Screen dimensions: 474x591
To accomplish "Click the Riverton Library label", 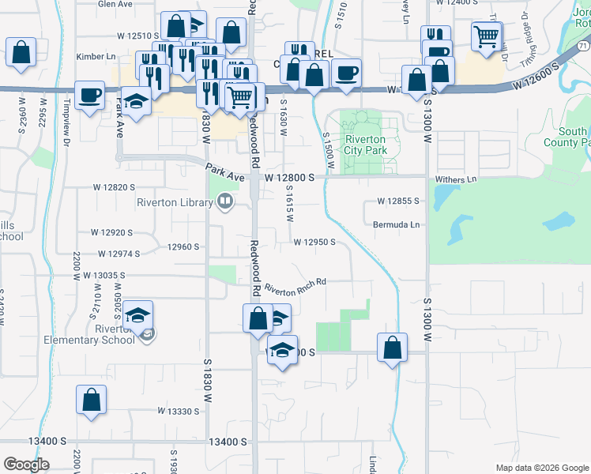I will pyautogui.click(x=175, y=202).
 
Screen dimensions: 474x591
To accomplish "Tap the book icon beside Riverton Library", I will pyautogui.click(x=225, y=202).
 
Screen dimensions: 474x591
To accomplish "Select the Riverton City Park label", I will pyautogui.click(x=364, y=145).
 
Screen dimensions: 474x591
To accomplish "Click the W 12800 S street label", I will pyautogui.click(x=290, y=179).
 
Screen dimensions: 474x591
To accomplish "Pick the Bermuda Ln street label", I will pyautogui.click(x=396, y=224).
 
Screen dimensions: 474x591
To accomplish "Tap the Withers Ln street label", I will pyautogui.click(x=460, y=179).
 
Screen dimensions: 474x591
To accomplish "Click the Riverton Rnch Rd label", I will pyautogui.click(x=295, y=285).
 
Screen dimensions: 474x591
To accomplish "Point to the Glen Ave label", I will pyautogui.click(x=115, y=4).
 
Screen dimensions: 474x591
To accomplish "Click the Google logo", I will pyautogui.click(x=27, y=464).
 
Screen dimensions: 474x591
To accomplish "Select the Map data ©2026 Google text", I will pyautogui.click(x=542, y=468).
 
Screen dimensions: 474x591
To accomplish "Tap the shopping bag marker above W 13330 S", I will pyautogui.click(x=92, y=400).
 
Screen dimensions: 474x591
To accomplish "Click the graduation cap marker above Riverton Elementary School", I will pyautogui.click(x=137, y=315).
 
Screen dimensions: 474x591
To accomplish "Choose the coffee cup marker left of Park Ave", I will pyautogui.click(x=90, y=96).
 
